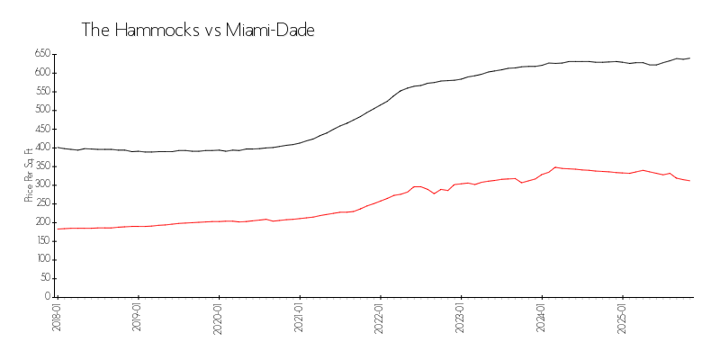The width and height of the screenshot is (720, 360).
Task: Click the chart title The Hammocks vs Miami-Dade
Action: tap(198, 30)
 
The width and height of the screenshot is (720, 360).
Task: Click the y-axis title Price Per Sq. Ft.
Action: tap(29, 175)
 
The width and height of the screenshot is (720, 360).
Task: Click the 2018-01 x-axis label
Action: tap(58, 317)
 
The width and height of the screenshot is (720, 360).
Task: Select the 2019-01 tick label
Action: tap(138, 317)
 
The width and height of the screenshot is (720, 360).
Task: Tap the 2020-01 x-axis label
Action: tap(219, 317)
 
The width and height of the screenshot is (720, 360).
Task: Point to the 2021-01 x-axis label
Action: tap(300, 317)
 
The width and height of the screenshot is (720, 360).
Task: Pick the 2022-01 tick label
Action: tap(381, 317)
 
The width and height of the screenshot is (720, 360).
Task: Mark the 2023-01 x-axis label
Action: tap(461, 317)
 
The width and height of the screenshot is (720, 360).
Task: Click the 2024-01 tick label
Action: tap(542, 317)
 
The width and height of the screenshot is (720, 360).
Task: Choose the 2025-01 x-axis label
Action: tap(623, 317)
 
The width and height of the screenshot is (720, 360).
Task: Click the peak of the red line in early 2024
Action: tap(555, 167)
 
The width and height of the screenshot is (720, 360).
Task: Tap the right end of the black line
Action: tap(689, 58)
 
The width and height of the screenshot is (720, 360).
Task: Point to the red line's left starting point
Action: tap(58, 229)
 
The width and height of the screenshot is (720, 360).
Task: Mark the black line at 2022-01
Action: tap(381, 106)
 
